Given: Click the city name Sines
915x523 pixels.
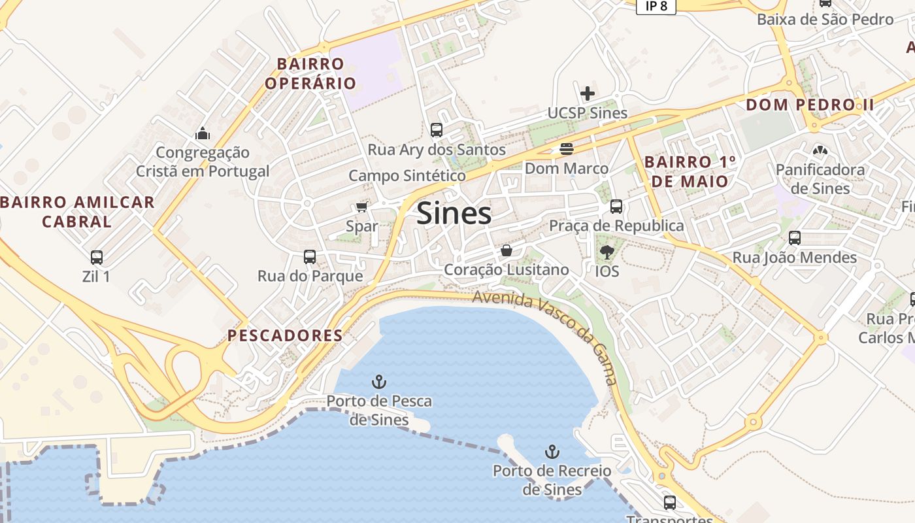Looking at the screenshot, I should coord(454,213).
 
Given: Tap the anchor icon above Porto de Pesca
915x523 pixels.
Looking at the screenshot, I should coord(379,381).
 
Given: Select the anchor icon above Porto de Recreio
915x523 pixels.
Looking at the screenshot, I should coord(552,451).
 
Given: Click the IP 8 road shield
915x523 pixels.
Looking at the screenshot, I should coord(656,6).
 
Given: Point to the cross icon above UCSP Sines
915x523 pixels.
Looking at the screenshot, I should coord(588,93).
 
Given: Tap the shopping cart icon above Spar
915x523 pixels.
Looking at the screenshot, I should coord(361,207).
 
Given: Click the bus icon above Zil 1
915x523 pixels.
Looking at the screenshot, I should coord(97,257).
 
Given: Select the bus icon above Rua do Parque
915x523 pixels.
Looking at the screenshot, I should coord(310,257).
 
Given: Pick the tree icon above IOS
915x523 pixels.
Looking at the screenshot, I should coord(607,252).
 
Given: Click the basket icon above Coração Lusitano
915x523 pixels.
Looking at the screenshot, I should coord(506,250).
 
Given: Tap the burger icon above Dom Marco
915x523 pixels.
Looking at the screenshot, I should coord(567,149).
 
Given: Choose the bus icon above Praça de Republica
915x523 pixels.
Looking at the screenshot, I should coord(616,207).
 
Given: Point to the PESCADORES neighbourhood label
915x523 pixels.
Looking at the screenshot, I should coord(285,335).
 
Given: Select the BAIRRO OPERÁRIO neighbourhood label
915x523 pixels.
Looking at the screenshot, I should coord(310,73).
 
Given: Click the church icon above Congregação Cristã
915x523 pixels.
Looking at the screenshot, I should coord(203,133).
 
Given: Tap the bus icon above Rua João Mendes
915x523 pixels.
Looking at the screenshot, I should coord(794,238).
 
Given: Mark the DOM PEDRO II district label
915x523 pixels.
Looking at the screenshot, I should coord(810,105).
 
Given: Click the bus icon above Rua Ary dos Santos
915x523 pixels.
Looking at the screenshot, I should coord(437,130).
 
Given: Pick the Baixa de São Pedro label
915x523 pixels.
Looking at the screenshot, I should coord(825,19).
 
